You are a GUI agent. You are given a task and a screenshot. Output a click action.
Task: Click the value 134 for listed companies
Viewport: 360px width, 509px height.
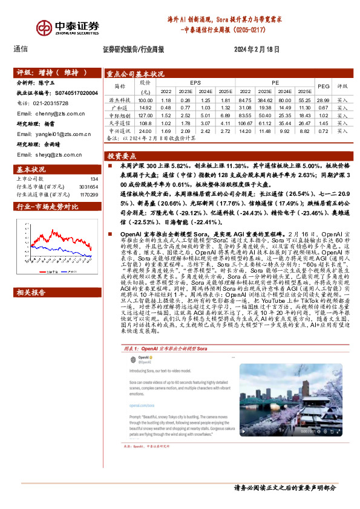tap(94, 179)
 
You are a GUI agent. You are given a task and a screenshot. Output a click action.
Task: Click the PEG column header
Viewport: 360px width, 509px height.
tap(324, 86)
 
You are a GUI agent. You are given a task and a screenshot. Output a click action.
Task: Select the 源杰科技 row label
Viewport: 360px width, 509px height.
tap(119, 99)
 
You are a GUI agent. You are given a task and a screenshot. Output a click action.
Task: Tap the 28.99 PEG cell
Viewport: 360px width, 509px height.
tap(324, 99)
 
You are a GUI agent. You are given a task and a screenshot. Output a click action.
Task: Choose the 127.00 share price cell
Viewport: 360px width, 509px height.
tap(145, 115)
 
